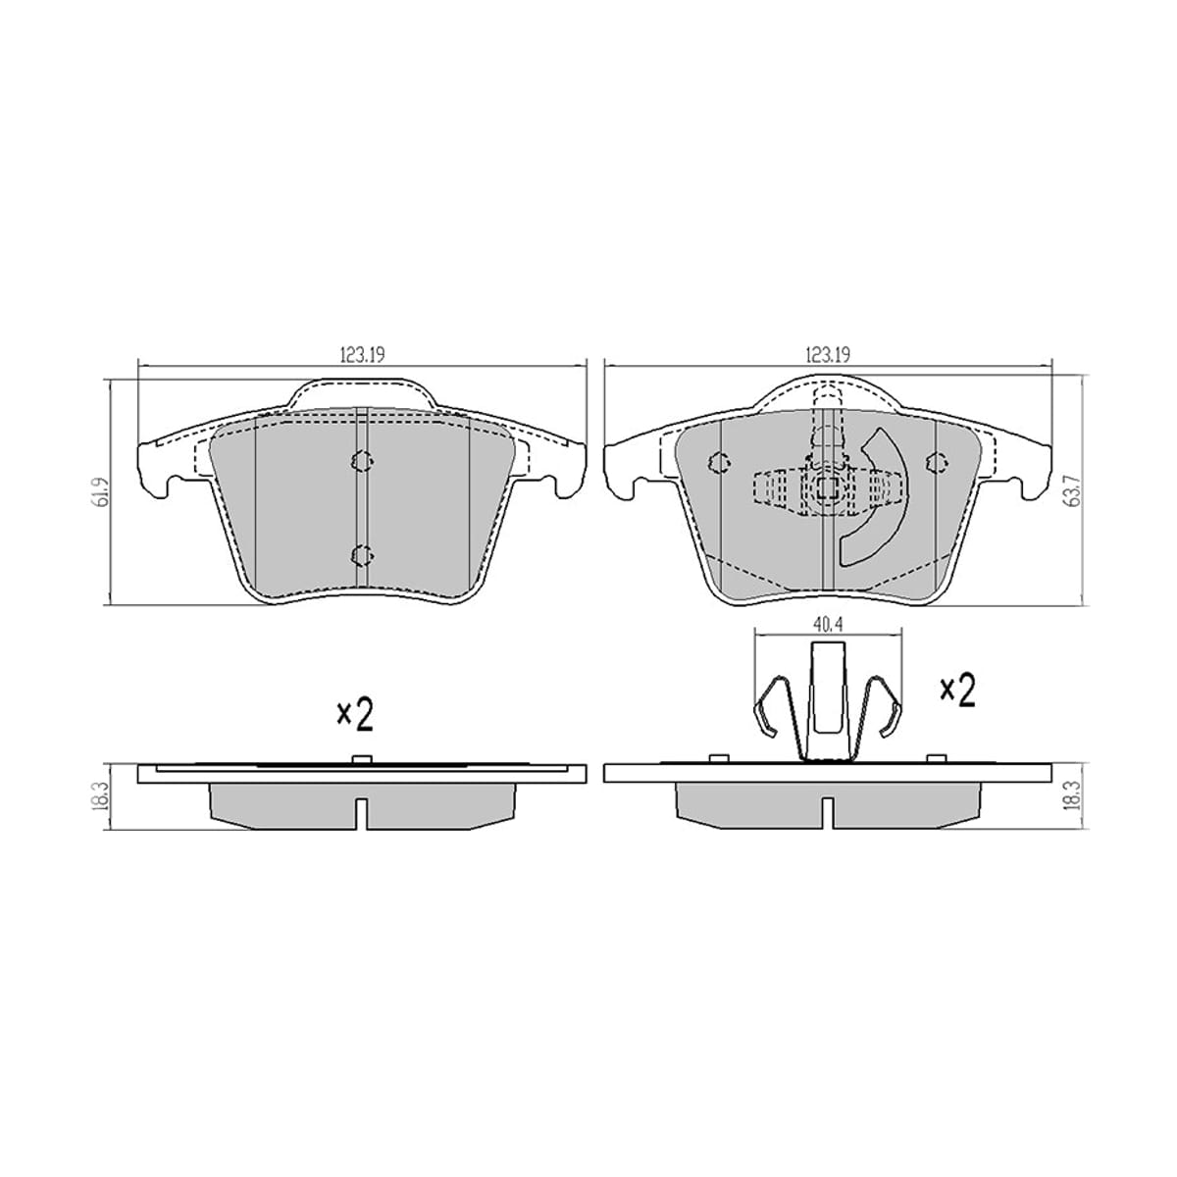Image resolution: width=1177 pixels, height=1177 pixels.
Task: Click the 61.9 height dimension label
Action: tap(104, 490)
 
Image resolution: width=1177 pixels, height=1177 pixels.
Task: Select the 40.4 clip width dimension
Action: tap(828, 626)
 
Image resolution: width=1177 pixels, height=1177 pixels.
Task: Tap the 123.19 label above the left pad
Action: tap(363, 355)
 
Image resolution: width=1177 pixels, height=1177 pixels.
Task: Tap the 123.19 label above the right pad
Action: tap(828, 355)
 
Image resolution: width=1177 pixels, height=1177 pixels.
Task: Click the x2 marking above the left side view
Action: tap(355, 716)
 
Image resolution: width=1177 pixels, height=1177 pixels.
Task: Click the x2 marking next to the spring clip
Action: tap(957, 691)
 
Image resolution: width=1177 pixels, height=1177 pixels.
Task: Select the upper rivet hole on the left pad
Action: tap(362, 461)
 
